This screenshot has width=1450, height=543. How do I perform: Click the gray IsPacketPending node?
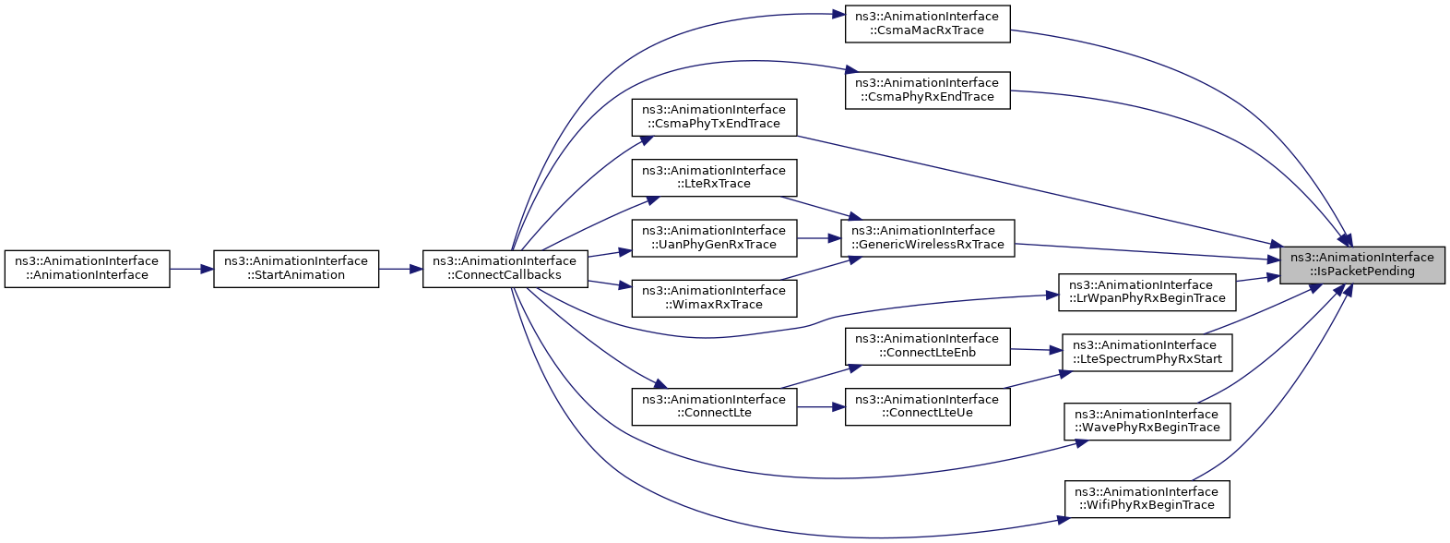click(x=1362, y=265)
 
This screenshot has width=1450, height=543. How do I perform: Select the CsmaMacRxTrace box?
click(x=928, y=24)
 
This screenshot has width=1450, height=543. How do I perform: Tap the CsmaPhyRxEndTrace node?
click(x=928, y=90)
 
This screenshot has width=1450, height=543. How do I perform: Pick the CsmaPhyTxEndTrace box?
click(x=714, y=117)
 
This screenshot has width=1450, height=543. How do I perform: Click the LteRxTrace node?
click(x=714, y=177)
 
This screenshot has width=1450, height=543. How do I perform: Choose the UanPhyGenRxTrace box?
click(x=714, y=238)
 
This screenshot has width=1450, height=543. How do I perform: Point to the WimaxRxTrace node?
click(x=714, y=298)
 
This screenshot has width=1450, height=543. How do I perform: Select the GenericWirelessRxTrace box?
click(x=928, y=238)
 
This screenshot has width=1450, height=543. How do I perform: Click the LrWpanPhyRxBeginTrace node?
click(x=1147, y=292)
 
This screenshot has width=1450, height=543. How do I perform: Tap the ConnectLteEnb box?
click(x=928, y=346)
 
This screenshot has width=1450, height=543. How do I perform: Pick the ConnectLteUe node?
click(x=928, y=407)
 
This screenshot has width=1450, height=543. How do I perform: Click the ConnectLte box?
click(x=714, y=407)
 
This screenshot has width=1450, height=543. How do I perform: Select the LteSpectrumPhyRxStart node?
click(x=1147, y=353)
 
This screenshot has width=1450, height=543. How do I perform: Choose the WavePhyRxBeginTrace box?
click(x=1147, y=422)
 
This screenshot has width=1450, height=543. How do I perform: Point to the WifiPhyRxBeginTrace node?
click(x=1147, y=499)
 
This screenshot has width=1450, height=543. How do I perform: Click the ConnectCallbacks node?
click(x=505, y=269)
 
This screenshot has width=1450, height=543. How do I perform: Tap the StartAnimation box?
click(x=296, y=269)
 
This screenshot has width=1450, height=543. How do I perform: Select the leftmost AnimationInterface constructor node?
click(x=87, y=269)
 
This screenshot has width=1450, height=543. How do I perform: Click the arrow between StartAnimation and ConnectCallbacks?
click(x=400, y=269)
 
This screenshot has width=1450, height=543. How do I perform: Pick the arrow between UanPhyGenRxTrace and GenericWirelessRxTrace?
click(x=819, y=238)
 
